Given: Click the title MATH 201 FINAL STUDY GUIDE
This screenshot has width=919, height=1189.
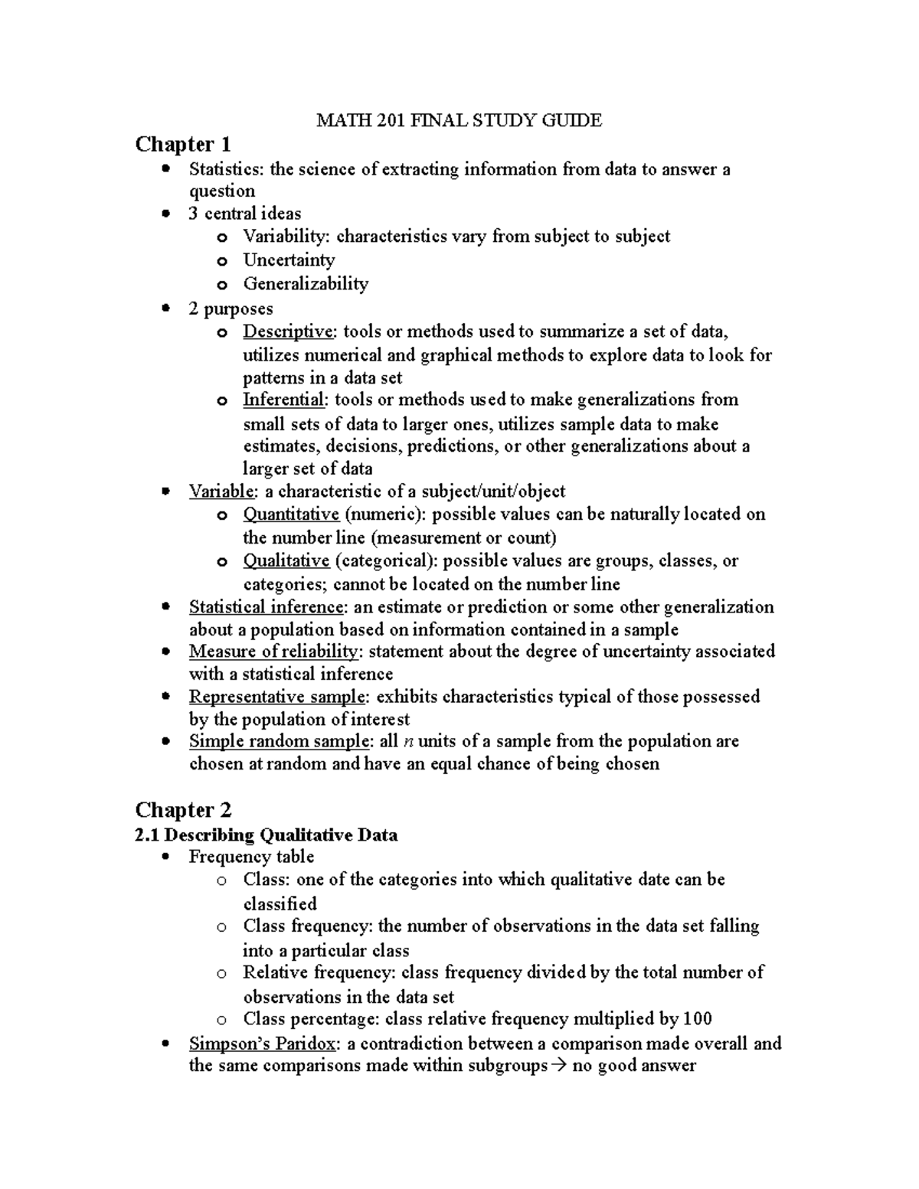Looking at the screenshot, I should [x=459, y=120].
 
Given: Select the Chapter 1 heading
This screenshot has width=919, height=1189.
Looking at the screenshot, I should [x=183, y=144].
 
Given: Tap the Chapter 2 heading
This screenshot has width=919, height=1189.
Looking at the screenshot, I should [x=183, y=809].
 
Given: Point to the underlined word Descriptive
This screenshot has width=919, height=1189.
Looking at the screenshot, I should [x=289, y=332].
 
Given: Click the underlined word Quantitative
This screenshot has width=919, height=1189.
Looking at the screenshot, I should [x=291, y=514].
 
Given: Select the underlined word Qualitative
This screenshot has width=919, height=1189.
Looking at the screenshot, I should [x=286, y=560].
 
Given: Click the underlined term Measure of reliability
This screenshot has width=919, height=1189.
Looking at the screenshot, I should [x=273, y=652].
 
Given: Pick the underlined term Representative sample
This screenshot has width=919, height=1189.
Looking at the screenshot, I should [x=277, y=697].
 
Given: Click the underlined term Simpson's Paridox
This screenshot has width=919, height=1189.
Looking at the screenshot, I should [x=262, y=1044].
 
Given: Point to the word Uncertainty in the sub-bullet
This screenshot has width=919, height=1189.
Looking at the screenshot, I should [x=289, y=260].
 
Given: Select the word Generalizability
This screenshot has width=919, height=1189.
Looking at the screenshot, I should [x=306, y=284].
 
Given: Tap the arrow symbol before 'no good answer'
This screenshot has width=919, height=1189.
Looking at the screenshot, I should [x=560, y=1066].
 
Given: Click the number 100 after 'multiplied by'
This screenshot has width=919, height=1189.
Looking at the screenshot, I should [x=698, y=1019].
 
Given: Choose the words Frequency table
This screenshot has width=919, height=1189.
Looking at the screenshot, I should [x=251, y=857].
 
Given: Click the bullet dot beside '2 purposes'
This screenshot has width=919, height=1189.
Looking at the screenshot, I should [x=165, y=308].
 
